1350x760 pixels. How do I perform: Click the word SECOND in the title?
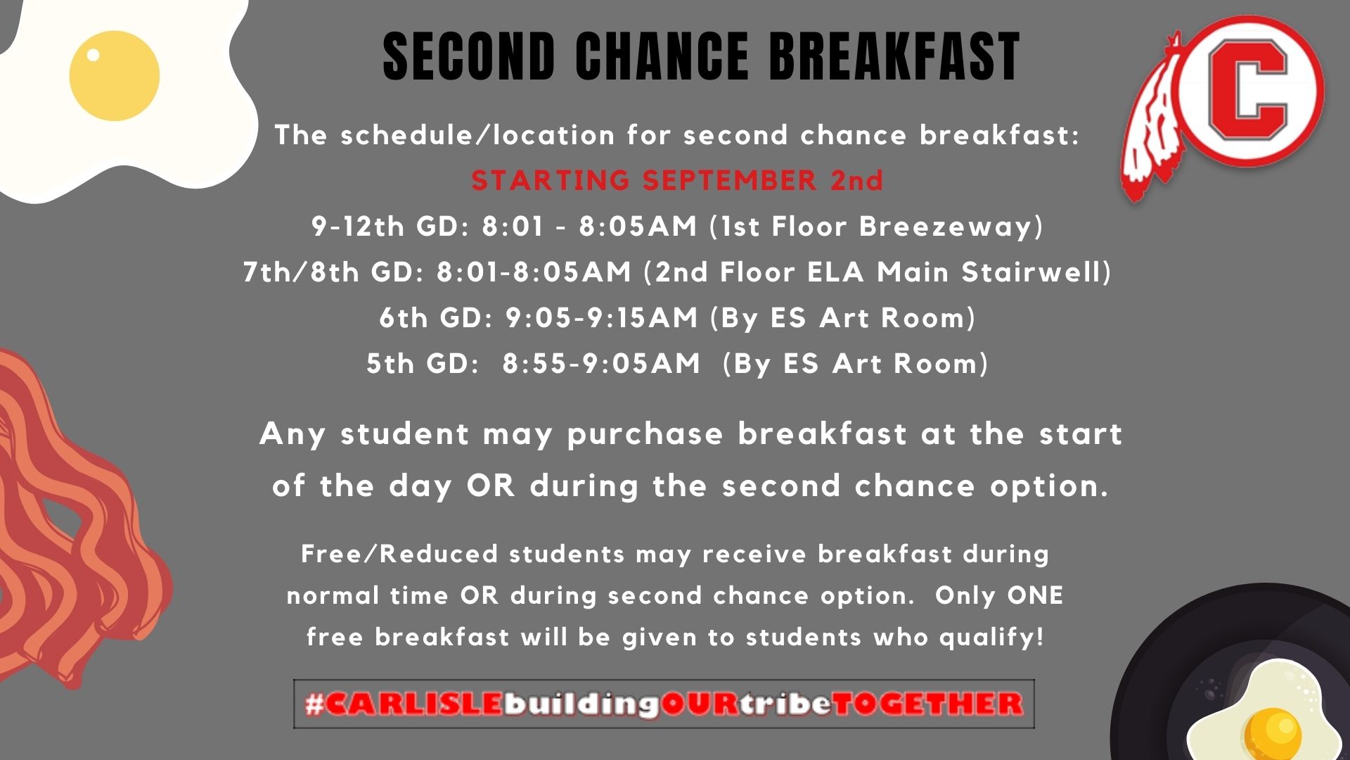point(469,56)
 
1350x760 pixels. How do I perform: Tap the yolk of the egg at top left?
point(114,75)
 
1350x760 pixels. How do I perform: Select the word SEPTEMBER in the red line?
point(729,181)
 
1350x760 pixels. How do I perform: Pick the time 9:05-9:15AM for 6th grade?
point(601,318)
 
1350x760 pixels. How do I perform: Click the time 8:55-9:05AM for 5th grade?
point(601,364)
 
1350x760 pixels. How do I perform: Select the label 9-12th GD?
point(390,227)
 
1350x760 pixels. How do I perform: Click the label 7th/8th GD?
point(333,272)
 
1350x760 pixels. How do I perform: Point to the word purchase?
point(645,434)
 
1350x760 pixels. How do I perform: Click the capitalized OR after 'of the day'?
point(490,486)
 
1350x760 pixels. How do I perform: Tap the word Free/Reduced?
point(399,554)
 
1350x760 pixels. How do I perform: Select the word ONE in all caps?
point(1034,595)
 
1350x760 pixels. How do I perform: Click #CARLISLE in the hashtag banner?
point(404,704)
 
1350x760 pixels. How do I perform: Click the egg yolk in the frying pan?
point(1271,732)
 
